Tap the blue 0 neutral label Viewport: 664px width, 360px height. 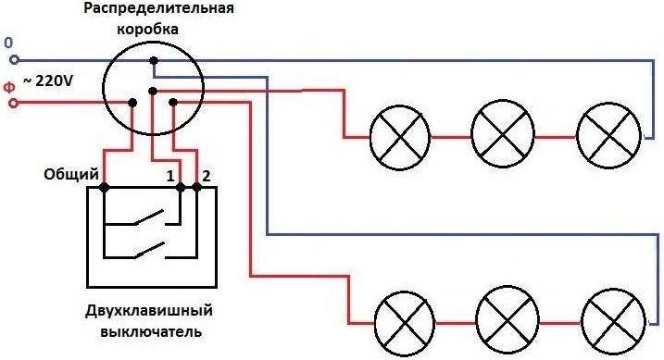[9, 43]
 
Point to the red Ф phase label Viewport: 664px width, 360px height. [9, 86]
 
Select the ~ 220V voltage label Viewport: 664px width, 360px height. [48, 81]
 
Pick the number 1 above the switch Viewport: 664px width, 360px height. [169, 175]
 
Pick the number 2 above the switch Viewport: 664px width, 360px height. [207, 175]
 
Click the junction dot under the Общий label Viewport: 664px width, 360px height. [104, 188]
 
